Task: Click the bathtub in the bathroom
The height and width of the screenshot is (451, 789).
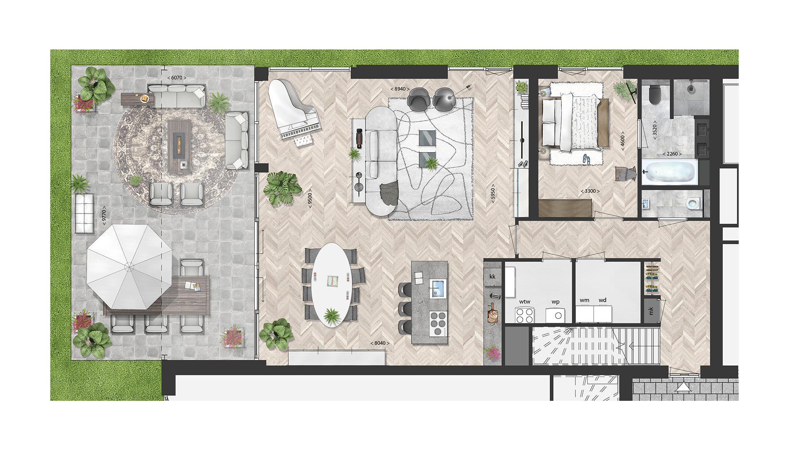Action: pos(670,172)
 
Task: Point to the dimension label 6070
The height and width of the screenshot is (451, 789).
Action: pos(176,78)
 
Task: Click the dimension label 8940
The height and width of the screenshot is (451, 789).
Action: pos(399,89)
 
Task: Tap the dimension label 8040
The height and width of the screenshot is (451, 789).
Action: pos(380,343)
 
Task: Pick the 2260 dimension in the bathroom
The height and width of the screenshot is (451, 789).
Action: pos(672,154)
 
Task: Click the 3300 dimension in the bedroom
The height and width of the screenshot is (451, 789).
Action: pos(590,191)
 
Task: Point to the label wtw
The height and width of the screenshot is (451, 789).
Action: pos(525,302)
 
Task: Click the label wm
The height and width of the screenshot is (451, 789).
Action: pos(584,300)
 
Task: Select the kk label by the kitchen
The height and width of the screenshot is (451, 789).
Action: pos(492,276)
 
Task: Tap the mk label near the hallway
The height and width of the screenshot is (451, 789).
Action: pos(651,311)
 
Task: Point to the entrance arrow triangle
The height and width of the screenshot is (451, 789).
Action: pos(683,387)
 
